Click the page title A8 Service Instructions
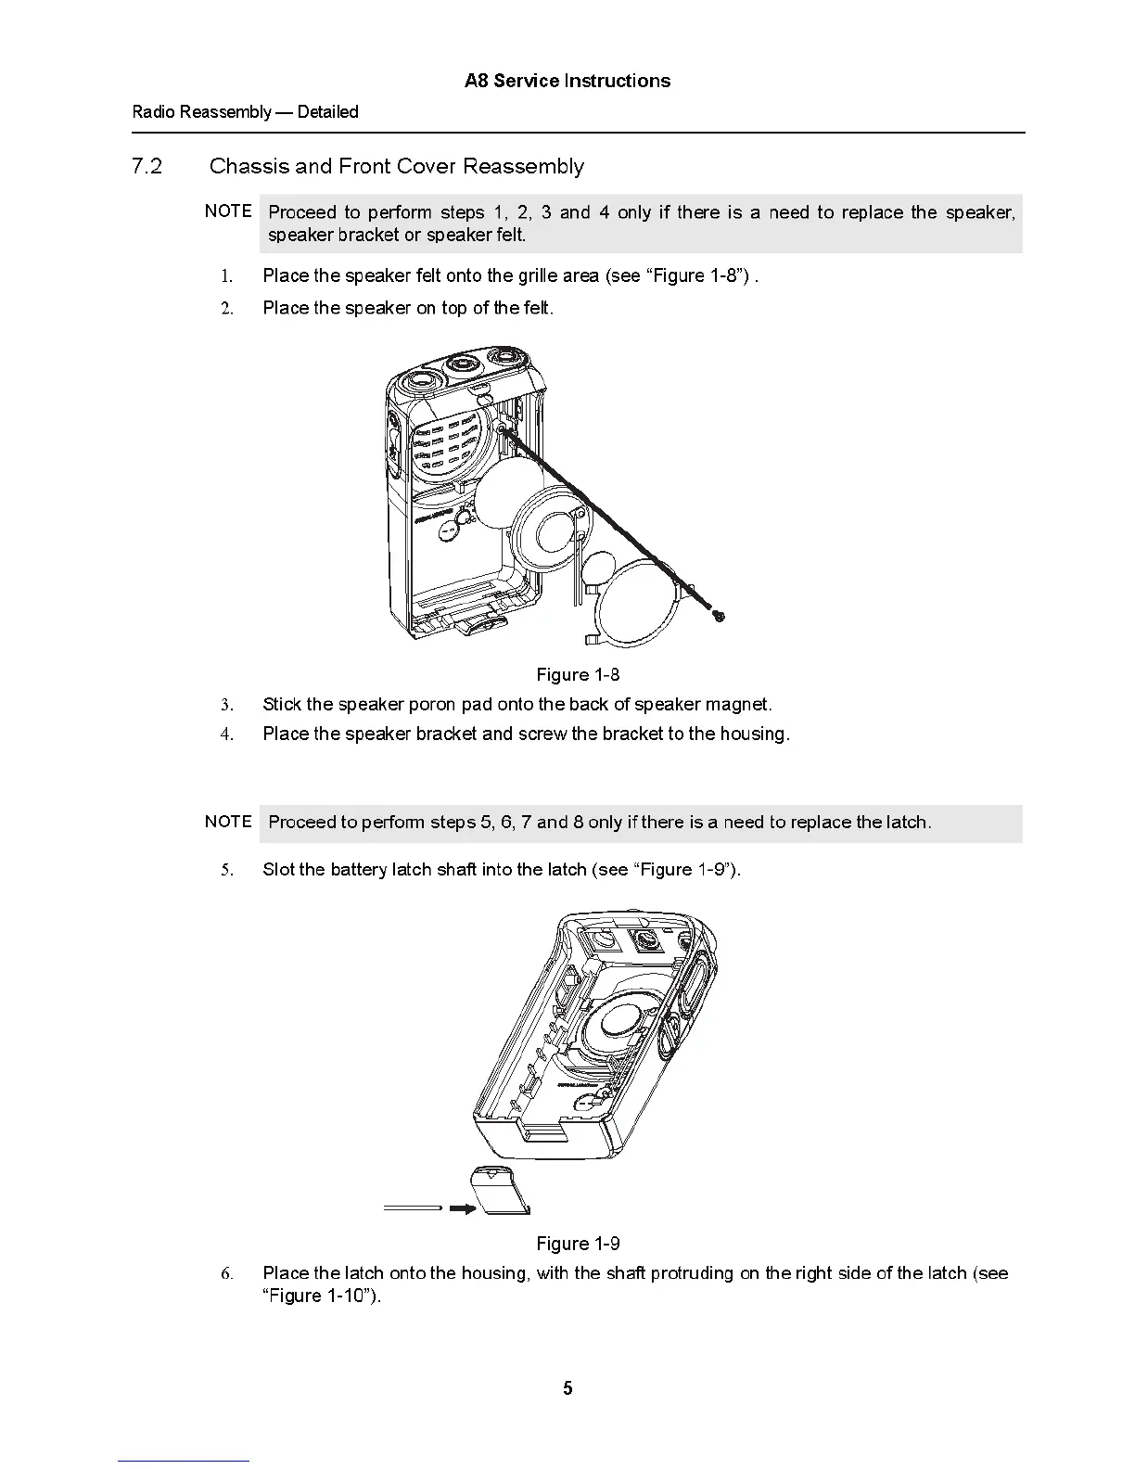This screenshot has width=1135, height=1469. (567, 81)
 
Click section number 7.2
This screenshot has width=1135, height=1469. (147, 167)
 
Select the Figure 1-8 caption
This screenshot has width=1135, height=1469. (578, 674)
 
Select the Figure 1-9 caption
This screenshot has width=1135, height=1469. (578, 1244)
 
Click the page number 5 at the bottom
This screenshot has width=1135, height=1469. (567, 1388)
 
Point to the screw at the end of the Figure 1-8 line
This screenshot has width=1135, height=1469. (719, 615)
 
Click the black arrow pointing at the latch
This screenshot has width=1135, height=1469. (462, 1209)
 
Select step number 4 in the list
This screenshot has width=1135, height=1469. (225, 734)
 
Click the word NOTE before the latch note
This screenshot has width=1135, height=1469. (228, 822)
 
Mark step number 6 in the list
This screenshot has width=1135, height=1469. (226, 1274)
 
